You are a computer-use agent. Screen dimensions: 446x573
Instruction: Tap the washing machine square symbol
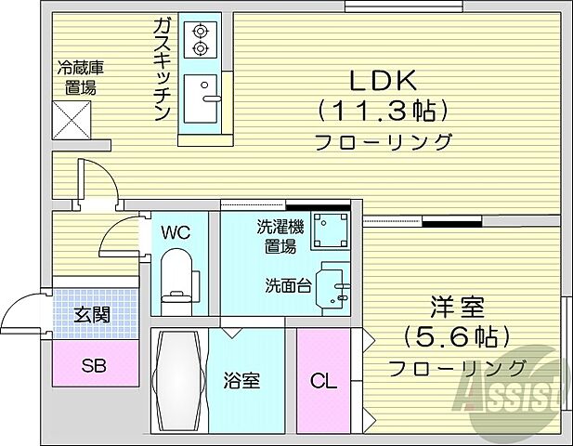329,230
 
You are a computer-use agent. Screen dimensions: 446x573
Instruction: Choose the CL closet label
323,380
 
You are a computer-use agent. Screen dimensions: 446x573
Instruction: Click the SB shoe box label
94,364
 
